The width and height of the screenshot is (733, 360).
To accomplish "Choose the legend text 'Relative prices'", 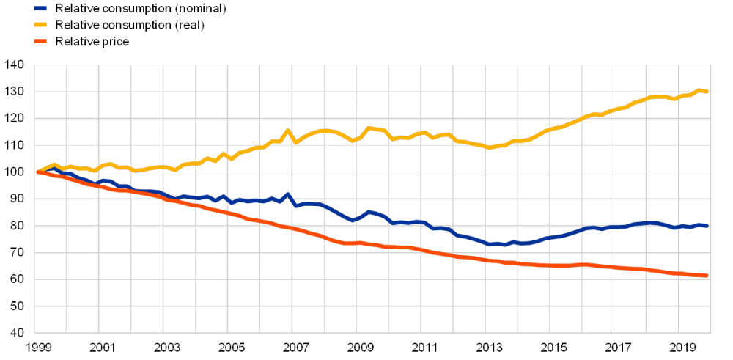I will pyautogui.click(x=93, y=41).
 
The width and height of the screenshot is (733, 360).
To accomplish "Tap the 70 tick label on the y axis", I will pyautogui.click(x=16, y=253).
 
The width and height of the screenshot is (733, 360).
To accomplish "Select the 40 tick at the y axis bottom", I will pyautogui.click(x=16, y=332).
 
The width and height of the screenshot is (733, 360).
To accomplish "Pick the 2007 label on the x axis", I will pyautogui.click(x=295, y=347).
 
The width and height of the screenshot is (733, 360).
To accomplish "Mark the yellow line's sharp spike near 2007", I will pyautogui.click(x=287, y=131).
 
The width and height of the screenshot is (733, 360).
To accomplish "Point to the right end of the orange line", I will pyautogui.click(x=708, y=276).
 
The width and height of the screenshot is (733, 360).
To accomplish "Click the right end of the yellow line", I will pyautogui.click(x=708, y=92).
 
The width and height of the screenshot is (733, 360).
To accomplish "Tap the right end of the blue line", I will pyautogui.click(x=708, y=226).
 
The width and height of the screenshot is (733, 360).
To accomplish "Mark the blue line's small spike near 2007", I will pyautogui.click(x=287, y=194).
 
